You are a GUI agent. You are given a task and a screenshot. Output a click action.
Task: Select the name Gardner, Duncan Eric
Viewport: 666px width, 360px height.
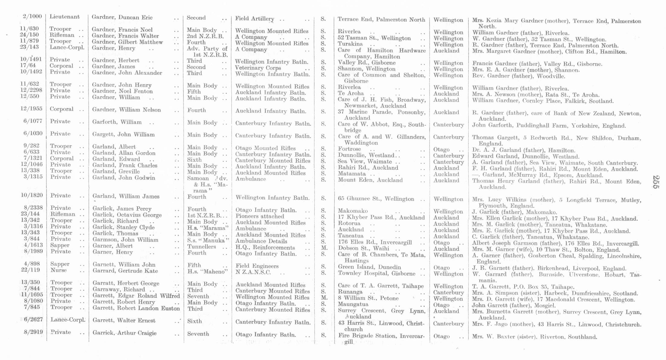pos(122,18)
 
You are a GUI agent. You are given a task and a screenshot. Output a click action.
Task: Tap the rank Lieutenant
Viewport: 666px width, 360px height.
pos(65,17)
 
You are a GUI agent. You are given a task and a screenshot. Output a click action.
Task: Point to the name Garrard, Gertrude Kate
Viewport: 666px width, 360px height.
pos(125,271)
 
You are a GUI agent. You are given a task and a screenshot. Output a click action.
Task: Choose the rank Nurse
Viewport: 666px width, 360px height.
pos(59,270)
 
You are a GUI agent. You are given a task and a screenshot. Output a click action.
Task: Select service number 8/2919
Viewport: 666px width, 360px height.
pos(33,332)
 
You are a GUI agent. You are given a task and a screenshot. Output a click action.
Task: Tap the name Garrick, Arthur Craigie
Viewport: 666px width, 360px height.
pos(124,333)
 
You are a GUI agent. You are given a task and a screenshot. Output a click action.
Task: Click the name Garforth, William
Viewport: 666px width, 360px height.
pos(117,122)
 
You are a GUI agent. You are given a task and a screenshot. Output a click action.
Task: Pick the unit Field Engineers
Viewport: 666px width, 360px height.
pos(257,266)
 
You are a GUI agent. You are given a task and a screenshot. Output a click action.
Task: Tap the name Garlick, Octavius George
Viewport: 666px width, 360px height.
pos(127,215)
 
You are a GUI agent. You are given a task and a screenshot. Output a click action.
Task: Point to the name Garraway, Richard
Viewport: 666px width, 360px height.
pos(119,289)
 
